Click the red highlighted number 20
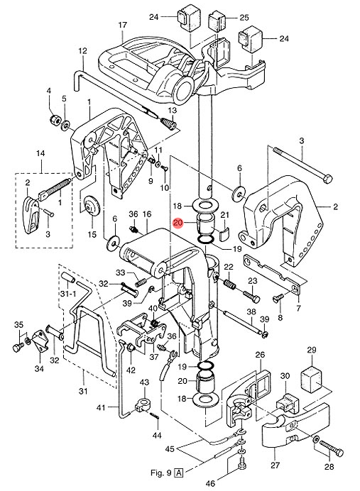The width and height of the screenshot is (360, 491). point(178,223)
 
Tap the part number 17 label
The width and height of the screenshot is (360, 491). point(123,24)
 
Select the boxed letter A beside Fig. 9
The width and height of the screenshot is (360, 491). point(179,473)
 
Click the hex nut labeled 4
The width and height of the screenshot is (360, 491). point(55,120)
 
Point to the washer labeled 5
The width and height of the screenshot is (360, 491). point(66,126)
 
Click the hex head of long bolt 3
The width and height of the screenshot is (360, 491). point(328,179)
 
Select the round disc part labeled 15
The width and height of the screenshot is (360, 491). point(92,205)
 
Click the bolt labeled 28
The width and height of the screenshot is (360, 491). point(332,448)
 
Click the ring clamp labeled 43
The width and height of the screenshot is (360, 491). point(144,405)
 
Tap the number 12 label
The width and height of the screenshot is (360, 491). point(82,50)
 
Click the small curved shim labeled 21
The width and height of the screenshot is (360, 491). point(224,235)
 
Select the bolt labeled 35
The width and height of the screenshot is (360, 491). point(18,347)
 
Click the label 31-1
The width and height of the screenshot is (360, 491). point(68,294)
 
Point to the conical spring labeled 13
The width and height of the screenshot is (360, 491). point(169,123)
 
